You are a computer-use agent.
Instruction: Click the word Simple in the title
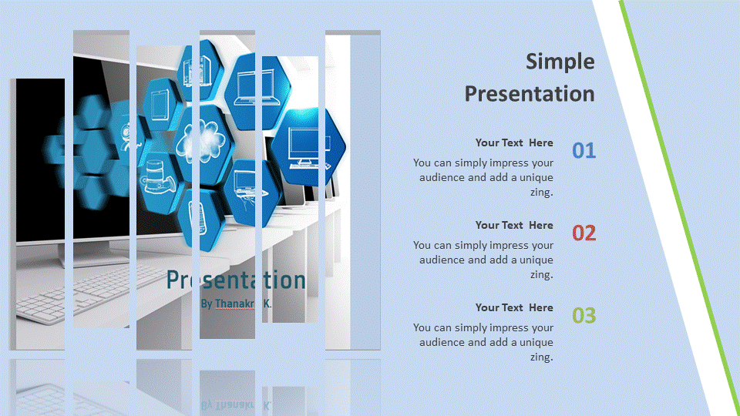tap(560, 62)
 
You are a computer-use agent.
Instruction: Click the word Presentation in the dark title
tap(530, 93)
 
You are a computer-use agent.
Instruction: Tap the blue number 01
tap(584, 151)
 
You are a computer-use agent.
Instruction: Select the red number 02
tap(584, 233)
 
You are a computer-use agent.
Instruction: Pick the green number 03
tap(584, 316)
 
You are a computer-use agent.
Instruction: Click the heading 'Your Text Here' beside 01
tap(514, 143)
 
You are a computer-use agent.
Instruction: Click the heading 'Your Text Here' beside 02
tap(514, 225)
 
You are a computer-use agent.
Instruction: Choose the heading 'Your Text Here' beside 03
tap(514, 307)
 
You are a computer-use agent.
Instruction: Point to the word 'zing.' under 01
tap(541, 193)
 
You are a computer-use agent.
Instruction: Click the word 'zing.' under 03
tap(541, 357)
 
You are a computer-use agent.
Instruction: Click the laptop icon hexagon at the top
tap(257, 91)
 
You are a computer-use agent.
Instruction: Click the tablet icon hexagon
tap(161, 105)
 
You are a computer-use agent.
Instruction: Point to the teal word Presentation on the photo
tap(236, 280)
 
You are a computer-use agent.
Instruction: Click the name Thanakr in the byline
tap(234, 304)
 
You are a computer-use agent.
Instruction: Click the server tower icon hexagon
tap(200, 71)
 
